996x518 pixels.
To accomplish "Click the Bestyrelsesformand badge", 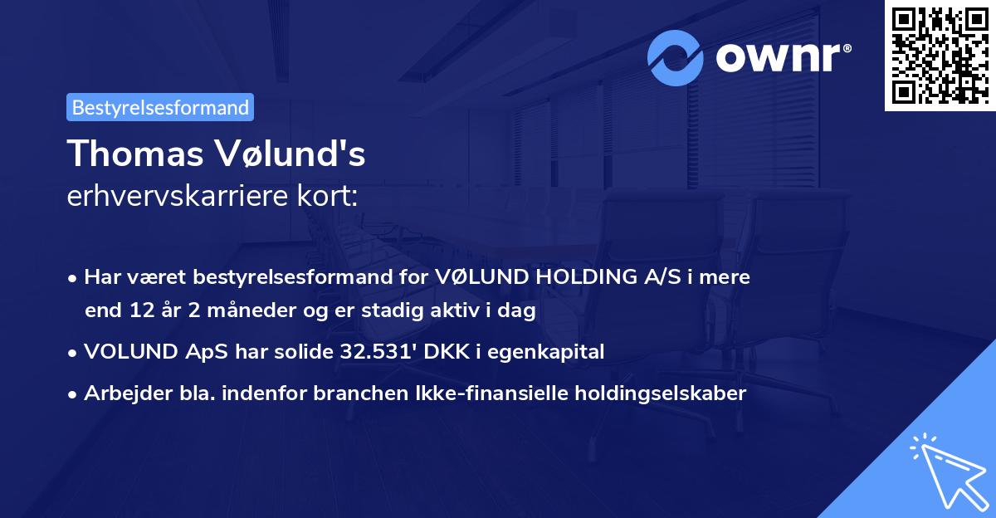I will (x=160, y=107).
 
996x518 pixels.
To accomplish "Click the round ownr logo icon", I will (x=677, y=56).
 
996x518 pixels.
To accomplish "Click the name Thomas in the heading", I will (x=129, y=154).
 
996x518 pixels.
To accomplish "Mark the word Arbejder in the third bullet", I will (x=119, y=393).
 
